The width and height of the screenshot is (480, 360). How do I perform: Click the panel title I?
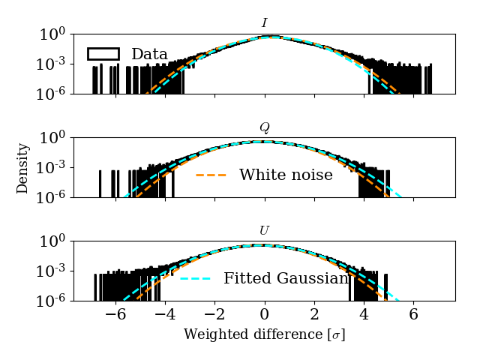pyautogui.click(x=264, y=23)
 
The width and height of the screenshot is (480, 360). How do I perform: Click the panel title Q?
pyautogui.click(x=264, y=127)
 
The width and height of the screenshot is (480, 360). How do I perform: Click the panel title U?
pyautogui.click(x=264, y=230)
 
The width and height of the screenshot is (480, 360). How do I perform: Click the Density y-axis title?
pyautogui.click(x=22, y=168)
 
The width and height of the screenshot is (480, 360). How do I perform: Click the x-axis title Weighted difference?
pyautogui.click(x=264, y=334)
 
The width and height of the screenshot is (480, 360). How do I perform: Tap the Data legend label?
pyautogui.click(x=149, y=54)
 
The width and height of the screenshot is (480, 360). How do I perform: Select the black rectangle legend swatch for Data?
pyautogui.click(x=103, y=54)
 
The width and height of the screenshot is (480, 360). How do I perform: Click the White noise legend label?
pyautogui.click(x=286, y=175)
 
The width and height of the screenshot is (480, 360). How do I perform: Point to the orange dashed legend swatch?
pyautogui.click(x=211, y=175)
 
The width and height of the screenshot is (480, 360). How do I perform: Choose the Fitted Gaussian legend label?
pyautogui.click(x=286, y=279)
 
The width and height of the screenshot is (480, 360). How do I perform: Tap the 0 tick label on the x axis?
pyautogui.click(x=265, y=315)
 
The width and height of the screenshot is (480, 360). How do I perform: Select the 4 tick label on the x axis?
pyautogui.click(x=364, y=315)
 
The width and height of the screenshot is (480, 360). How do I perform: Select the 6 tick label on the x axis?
pyautogui.click(x=413, y=315)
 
